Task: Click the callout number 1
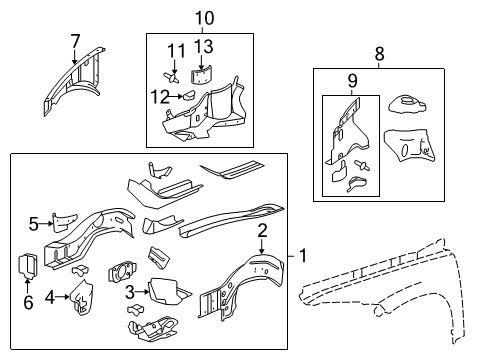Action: pyautogui.click(x=303, y=258)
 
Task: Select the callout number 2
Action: pyautogui.click(x=263, y=231)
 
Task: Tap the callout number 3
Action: pyautogui.click(x=130, y=291)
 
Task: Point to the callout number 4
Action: pyautogui.click(x=49, y=296)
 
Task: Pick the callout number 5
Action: pyautogui.click(x=33, y=223)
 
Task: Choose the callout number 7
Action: pyautogui.click(x=75, y=40)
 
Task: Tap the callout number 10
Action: pyautogui.click(x=204, y=17)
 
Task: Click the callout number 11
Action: pyautogui.click(x=176, y=51)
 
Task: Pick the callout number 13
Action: pyautogui.click(x=204, y=47)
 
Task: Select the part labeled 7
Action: pyautogui.click(x=75, y=85)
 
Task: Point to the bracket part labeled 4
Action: pyautogui.click(x=81, y=296)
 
